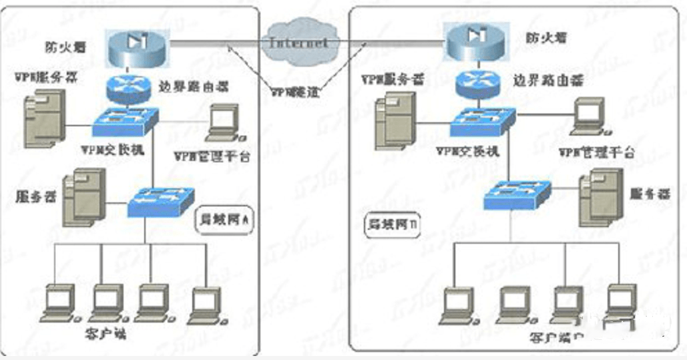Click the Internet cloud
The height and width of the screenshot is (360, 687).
tap(298, 41)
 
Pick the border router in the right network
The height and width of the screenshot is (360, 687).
tap(476, 83)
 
